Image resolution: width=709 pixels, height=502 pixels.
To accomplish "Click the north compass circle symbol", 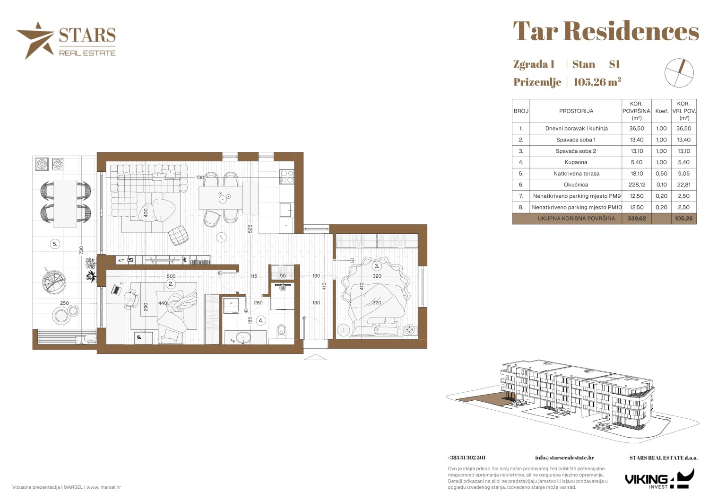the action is (679, 73).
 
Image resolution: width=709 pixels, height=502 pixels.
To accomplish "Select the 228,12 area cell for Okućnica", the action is (637, 185).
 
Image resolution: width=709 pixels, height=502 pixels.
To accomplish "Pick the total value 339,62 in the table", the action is (637, 219).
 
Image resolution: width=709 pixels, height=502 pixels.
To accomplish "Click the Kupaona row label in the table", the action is (576, 162).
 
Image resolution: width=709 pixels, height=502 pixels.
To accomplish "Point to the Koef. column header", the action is (662, 111).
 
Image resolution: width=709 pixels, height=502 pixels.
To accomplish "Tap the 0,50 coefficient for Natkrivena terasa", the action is (662, 173).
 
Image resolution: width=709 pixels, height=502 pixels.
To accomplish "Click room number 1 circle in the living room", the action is (221, 237).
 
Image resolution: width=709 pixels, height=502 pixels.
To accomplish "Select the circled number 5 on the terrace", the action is (55, 244).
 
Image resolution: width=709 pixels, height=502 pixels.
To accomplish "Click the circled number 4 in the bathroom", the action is (261, 320).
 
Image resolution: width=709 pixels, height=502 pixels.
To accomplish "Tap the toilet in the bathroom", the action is (281, 330).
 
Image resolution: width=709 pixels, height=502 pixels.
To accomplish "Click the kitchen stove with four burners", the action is (287, 176).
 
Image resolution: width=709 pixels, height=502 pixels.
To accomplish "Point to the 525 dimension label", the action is (250, 229).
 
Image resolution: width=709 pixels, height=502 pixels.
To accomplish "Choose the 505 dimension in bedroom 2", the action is (171, 276).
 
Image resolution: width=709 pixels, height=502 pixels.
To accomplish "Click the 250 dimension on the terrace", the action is (64, 303).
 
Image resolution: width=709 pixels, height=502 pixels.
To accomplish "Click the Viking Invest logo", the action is (659, 479).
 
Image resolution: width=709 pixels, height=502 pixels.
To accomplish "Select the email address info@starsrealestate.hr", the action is (564, 458).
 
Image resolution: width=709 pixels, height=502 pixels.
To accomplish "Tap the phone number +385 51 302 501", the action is (466, 458).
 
